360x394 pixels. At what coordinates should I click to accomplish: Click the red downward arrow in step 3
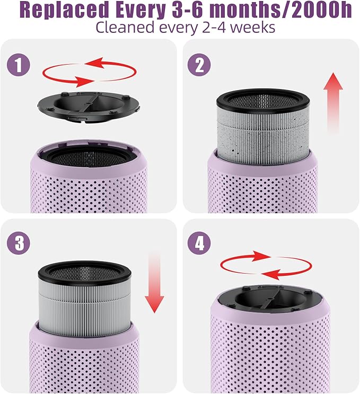tap(155, 281)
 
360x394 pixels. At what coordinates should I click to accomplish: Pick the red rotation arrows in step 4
tap(265, 265)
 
